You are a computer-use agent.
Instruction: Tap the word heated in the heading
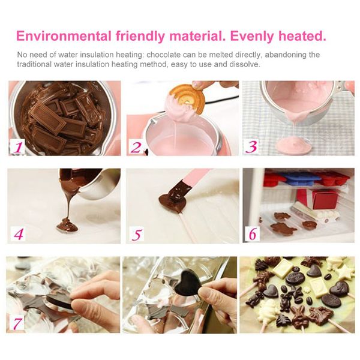tap(302, 36)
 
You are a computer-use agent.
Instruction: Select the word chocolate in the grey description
tap(163, 55)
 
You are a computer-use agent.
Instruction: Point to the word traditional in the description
tap(34, 64)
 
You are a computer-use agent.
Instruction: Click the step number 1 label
tap(18, 147)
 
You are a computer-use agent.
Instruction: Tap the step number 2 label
tap(136, 147)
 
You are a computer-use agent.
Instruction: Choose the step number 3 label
tap(251, 146)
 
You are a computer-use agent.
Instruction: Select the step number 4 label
tap(19, 234)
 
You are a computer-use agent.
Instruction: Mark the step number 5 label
tap(137, 234)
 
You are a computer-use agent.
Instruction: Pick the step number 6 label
tap(253, 234)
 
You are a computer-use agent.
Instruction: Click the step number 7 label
tap(17, 323)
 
